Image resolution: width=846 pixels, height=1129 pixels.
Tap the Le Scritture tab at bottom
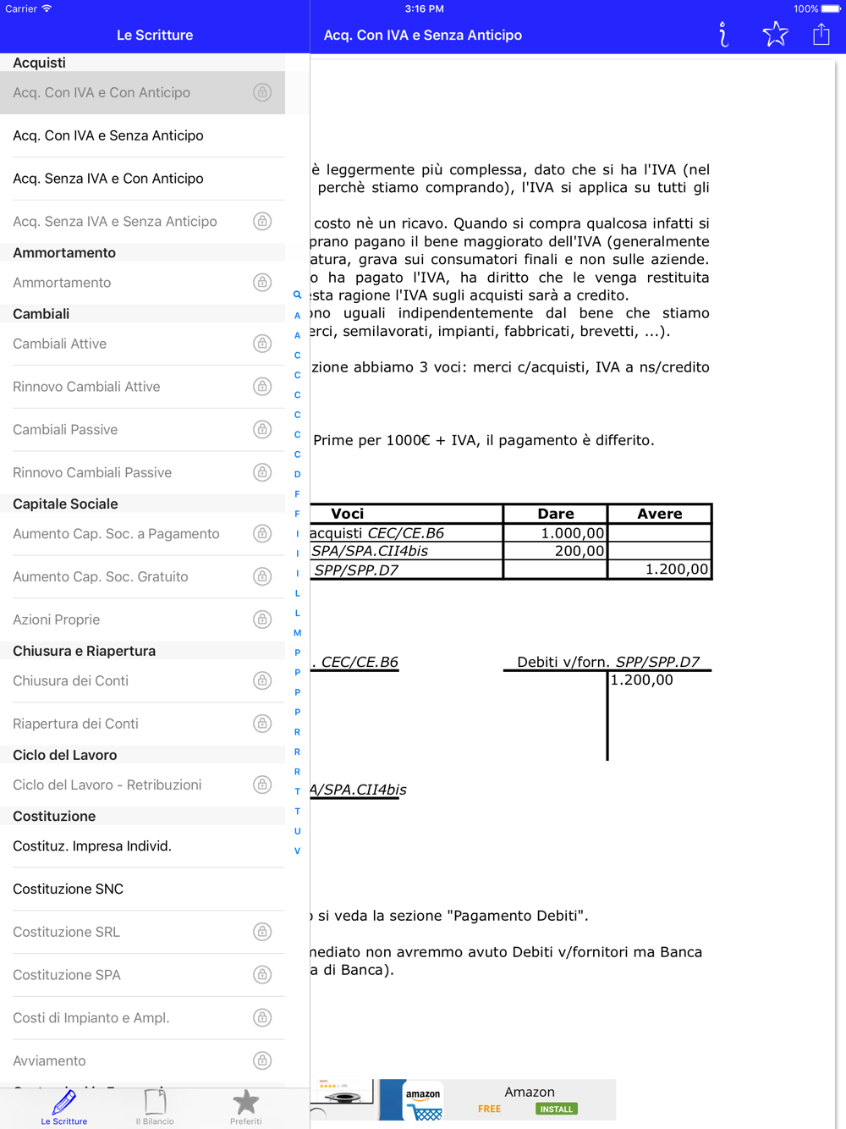click(x=64, y=1107)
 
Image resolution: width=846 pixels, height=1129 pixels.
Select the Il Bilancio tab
click(x=156, y=1107)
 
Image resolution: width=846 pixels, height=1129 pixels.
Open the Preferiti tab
click(x=245, y=1107)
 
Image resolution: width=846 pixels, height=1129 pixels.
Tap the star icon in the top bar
click(x=775, y=35)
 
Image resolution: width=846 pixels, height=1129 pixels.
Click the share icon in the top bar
click(x=821, y=35)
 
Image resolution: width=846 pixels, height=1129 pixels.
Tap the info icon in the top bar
click(x=723, y=35)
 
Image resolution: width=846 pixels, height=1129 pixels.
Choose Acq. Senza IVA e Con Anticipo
click(x=108, y=179)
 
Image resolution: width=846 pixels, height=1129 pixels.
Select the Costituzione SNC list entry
click(x=69, y=889)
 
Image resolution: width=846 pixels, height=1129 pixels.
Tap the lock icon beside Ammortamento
click(x=262, y=283)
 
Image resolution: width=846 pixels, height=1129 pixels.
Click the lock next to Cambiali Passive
click(x=262, y=429)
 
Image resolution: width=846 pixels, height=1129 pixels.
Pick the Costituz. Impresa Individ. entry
click(x=92, y=846)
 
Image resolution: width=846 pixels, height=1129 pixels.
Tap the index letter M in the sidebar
click(x=297, y=633)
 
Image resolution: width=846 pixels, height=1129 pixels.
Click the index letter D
click(x=297, y=474)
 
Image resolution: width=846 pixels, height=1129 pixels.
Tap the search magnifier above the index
click(x=297, y=295)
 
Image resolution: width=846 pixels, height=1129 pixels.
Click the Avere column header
click(x=659, y=514)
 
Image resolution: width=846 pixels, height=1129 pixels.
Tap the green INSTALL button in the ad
click(x=556, y=1109)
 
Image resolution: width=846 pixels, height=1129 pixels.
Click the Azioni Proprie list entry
click(x=57, y=620)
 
